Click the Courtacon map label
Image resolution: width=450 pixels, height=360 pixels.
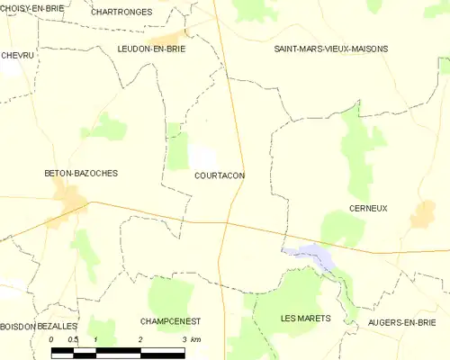220,175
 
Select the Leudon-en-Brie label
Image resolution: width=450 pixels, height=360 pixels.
151,49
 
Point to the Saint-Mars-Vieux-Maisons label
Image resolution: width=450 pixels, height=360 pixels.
331,49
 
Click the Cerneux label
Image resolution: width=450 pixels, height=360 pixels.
367,208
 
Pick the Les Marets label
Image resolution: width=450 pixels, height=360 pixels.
306,318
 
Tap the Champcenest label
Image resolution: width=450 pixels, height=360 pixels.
170,320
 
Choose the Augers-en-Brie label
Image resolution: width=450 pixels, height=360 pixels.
402,321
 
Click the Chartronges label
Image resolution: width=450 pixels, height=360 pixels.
121,12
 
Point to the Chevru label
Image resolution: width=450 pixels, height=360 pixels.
17,55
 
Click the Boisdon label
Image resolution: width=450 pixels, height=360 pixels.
18,326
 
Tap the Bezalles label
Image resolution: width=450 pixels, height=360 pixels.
58,326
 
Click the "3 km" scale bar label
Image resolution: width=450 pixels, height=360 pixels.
191,339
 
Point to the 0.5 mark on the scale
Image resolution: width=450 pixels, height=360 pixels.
73,339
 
